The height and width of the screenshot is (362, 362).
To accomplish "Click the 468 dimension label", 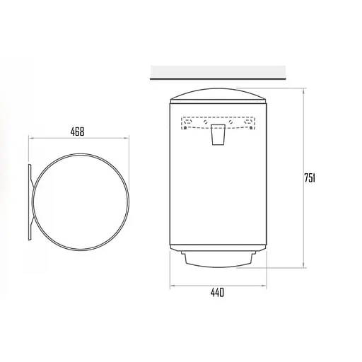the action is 77,132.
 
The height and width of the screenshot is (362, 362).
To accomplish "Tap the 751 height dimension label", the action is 310,178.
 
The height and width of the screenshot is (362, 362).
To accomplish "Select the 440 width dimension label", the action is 217,293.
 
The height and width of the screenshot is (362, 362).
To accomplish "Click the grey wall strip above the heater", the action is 218,71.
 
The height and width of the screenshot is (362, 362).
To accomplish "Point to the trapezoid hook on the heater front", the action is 218,134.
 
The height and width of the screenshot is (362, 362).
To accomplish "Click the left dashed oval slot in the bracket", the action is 188,122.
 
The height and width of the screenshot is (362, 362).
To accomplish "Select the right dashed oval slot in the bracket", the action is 248,122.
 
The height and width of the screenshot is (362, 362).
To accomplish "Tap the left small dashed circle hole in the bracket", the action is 205,122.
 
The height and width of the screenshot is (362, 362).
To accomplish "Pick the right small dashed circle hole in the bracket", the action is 231,122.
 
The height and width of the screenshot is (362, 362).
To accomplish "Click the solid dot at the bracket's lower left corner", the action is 185,128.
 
